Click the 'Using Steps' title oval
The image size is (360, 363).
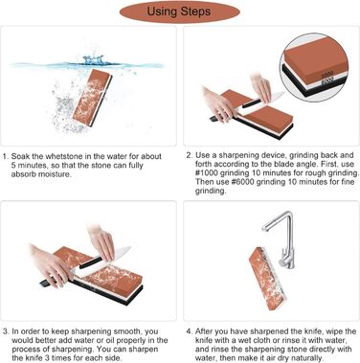(x=179, y=11)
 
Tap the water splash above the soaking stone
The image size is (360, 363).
(x=94, y=60)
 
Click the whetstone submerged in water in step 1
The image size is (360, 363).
(x=92, y=98)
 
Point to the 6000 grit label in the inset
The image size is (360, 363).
(x=327, y=81)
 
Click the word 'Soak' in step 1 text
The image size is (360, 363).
(x=20, y=156)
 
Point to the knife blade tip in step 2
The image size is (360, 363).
(x=282, y=93)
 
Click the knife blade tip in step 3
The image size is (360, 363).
(x=128, y=248)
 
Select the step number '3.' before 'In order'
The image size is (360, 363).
(x=6, y=331)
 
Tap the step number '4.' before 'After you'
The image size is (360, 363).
(x=190, y=331)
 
